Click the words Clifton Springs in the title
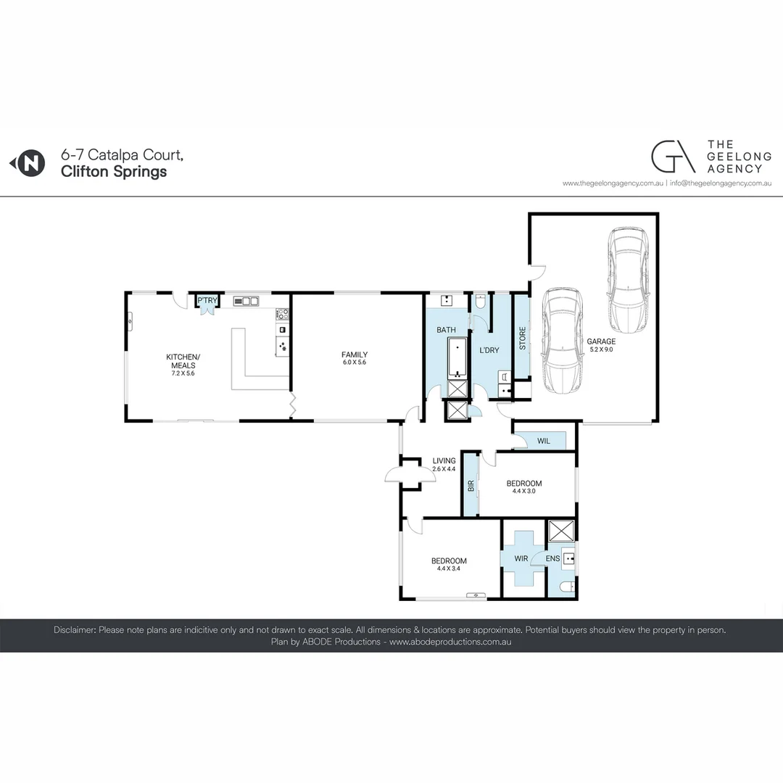pos(114,172)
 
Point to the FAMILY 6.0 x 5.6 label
pos(355,358)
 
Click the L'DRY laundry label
pos(489,350)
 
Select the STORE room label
pos(522,339)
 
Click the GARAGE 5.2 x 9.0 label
pos(601,345)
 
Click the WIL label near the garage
pos(544,440)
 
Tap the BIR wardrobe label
pos(471,486)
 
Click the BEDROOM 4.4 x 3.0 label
pos(523,487)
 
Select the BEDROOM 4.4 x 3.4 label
pos(449,564)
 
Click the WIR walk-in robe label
pos(521,559)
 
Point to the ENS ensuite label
pos(552,559)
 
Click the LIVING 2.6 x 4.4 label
pos(444,464)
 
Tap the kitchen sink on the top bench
pos(246,301)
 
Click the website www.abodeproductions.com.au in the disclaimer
pos(450,642)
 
